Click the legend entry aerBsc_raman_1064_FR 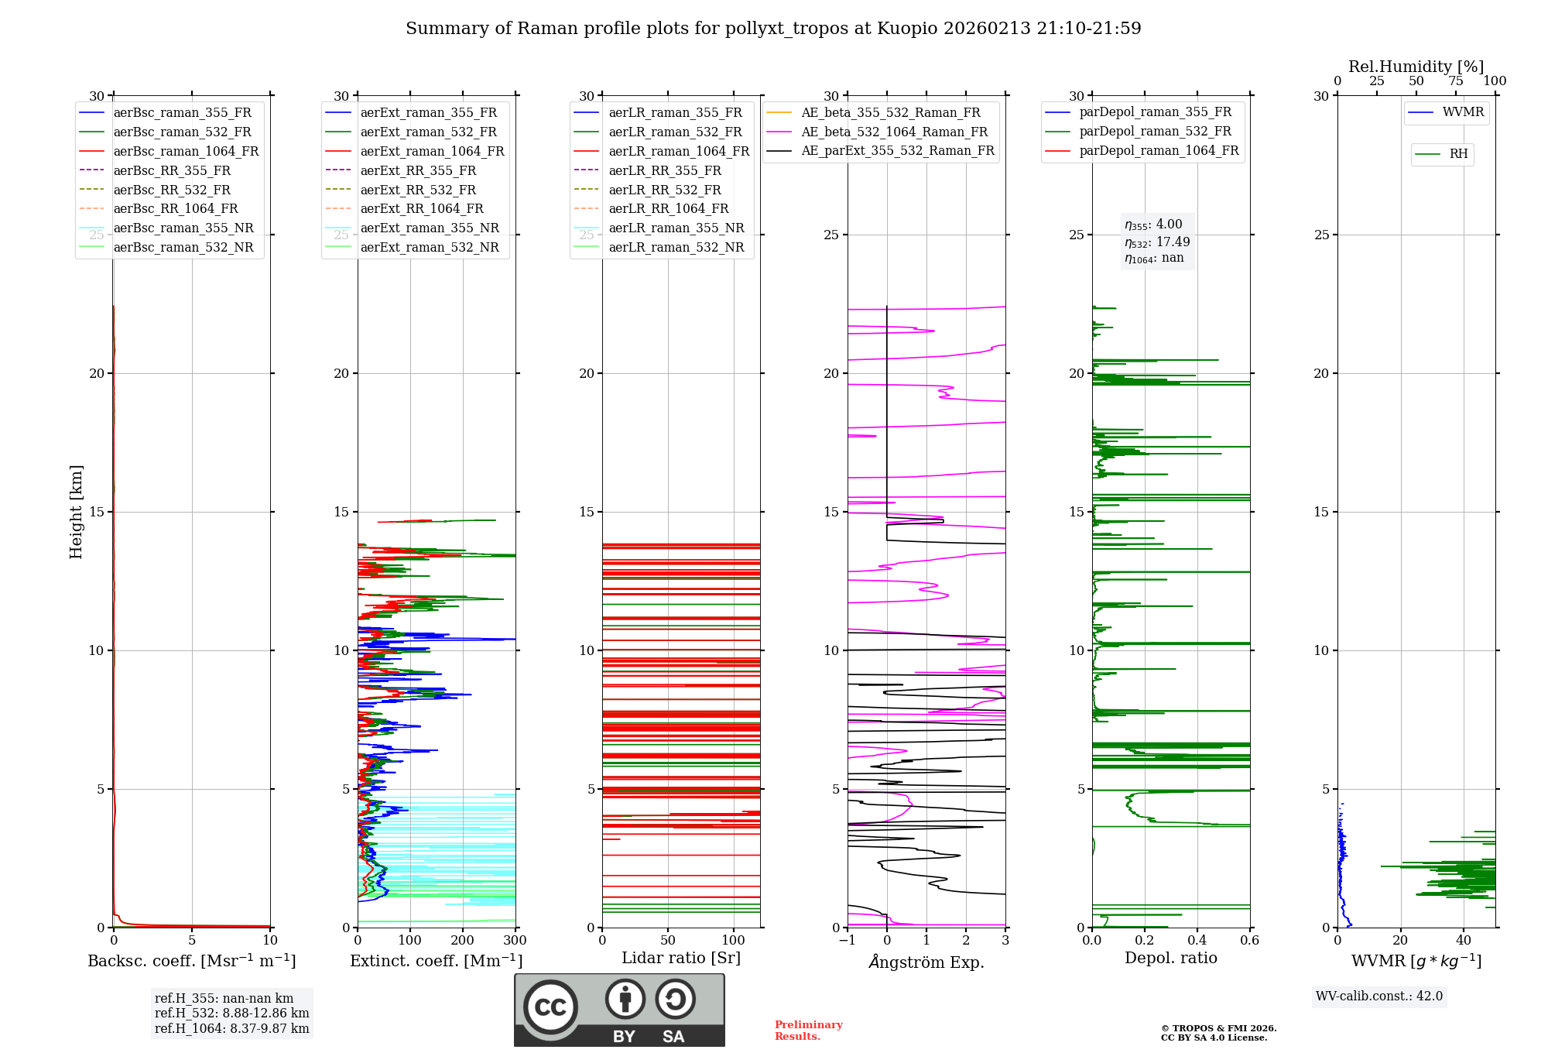tap(186, 152)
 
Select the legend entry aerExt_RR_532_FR tap(418, 190)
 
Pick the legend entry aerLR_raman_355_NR tap(676, 228)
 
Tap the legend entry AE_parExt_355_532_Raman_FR tap(897, 151)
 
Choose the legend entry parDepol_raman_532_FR tap(1155, 132)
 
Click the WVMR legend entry tap(1463, 112)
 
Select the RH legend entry tap(1458, 154)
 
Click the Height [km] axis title tap(76, 512)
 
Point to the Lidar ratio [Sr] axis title tap(681, 959)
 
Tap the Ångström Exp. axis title tap(926, 962)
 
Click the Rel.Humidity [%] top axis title tap(1416, 67)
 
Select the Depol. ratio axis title tap(1170, 959)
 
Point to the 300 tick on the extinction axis tap(515, 941)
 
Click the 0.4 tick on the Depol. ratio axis tap(1197, 941)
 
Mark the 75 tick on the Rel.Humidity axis tap(1456, 81)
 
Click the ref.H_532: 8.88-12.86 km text tap(231, 1014)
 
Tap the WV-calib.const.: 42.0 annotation tap(1379, 996)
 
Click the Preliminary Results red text tap(808, 1031)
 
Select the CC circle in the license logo tap(550, 1007)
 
